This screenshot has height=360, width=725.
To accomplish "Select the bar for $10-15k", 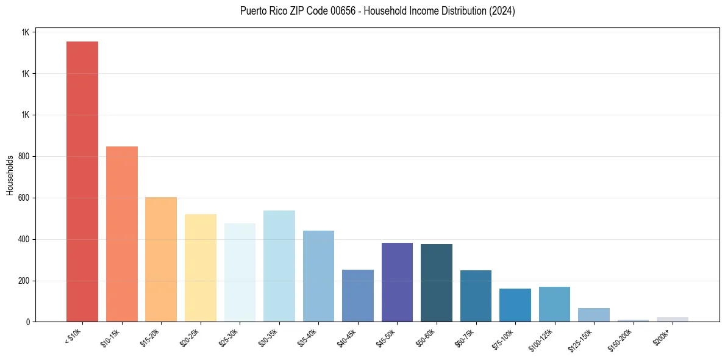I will (121, 234).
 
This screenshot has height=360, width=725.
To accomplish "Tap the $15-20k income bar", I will (161, 259).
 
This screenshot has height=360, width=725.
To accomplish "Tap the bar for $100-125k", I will (554, 304).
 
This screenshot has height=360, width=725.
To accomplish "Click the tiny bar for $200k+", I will (672, 319).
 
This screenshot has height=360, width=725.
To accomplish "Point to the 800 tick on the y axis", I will (26, 157).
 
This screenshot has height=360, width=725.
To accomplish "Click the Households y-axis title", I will (10, 176).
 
